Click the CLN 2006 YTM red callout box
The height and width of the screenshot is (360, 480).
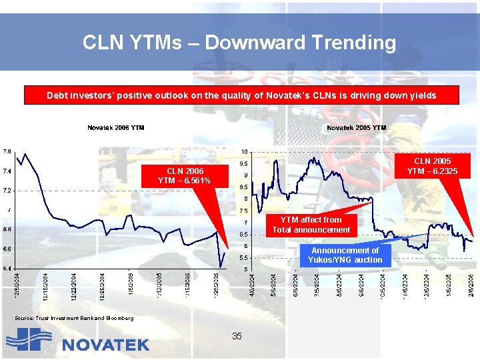point(184,176)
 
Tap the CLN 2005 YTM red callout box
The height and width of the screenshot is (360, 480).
point(432,166)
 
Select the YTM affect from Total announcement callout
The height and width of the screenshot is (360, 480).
point(311,225)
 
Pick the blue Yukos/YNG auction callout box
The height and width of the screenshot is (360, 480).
point(345,255)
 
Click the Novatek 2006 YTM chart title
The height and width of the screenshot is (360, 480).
point(116,127)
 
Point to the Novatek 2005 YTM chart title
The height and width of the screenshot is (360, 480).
point(356,127)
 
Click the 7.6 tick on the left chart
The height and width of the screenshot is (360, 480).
point(7,151)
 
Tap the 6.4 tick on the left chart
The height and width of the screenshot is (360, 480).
point(7,268)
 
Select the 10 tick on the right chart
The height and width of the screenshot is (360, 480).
point(244,151)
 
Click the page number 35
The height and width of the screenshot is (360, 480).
point(237,336)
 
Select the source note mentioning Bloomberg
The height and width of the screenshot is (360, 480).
point(74,318)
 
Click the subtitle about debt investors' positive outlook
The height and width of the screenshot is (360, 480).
point(241,95)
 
